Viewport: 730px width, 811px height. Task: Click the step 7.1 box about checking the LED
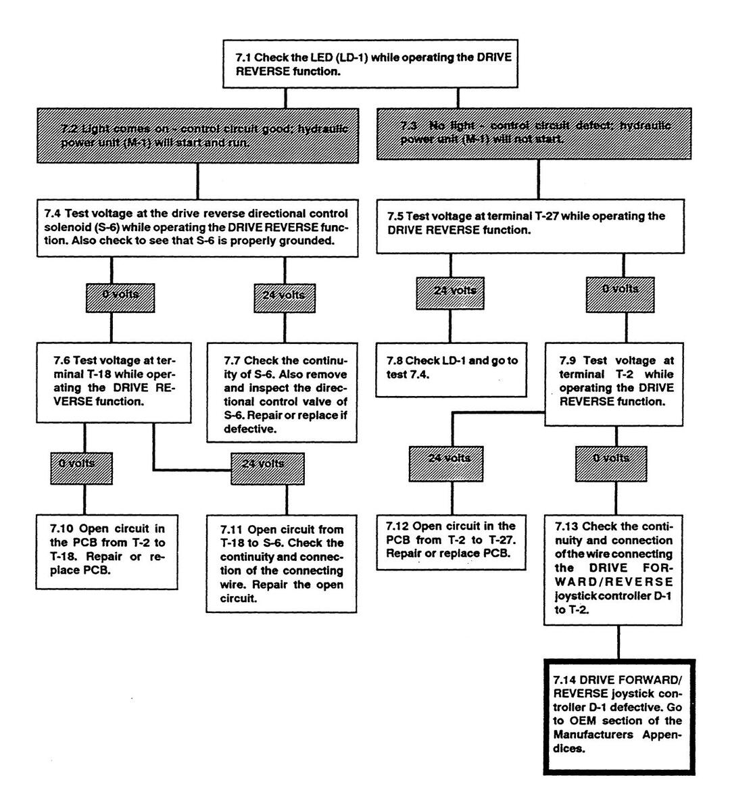tap(370, 64)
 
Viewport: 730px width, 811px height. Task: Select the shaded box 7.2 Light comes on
tap(197, 134)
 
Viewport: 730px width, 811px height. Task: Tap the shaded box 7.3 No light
tap(534, 133)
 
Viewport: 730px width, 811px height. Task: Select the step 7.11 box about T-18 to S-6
tap(281, 564)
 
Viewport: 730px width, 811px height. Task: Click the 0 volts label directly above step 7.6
tap(120, 295)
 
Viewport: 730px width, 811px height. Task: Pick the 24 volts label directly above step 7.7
tap(284, 295)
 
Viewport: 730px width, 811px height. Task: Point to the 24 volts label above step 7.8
tap(455, 291)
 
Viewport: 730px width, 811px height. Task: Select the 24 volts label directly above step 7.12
tap(449, 458)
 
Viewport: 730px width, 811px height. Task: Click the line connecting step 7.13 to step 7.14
tap(618, 642)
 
